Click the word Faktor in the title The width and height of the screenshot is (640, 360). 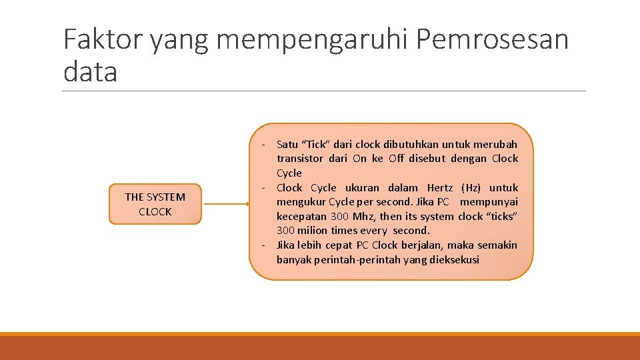102,40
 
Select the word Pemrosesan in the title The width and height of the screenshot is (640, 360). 492,40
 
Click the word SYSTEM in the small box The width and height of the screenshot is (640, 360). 165,197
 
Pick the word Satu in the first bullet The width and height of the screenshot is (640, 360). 287,144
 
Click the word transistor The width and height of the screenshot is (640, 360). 299,159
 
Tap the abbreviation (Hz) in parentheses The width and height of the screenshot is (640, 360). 471,188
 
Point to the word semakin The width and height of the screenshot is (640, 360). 497,245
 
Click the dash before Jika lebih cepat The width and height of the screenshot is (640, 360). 264,245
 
